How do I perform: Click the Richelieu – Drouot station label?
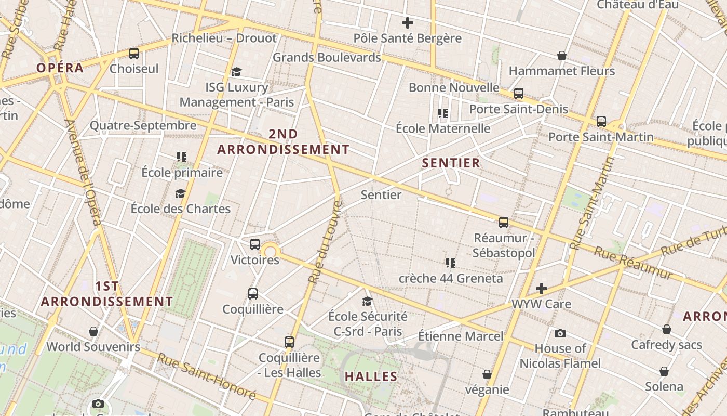224,38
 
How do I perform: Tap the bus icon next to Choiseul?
134,53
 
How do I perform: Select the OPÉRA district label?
60,68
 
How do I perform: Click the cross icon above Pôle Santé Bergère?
408,23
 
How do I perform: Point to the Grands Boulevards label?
327,57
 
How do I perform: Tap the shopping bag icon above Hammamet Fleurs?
561,56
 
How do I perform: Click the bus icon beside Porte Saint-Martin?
601,122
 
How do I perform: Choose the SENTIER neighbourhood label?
451,163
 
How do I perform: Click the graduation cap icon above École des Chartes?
180,194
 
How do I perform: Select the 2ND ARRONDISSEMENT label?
283,142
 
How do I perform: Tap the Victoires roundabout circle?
270,252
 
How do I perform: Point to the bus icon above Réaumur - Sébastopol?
504,223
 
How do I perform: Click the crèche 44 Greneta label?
451,278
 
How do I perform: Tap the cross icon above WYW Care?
542,289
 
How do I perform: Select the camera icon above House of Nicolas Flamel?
560,333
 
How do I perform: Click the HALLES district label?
371,376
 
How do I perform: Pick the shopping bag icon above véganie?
487,374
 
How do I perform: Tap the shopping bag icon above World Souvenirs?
93,331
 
